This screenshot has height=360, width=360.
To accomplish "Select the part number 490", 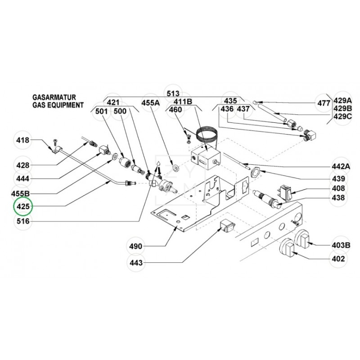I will [136, 246].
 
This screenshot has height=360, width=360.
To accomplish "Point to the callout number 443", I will [136, 262].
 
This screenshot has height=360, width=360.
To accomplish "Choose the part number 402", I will [338, 259].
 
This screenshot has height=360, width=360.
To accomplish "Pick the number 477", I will [324, 103].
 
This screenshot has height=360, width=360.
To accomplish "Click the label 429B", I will [343, 109].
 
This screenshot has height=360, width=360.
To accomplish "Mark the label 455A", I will [151, 103].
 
